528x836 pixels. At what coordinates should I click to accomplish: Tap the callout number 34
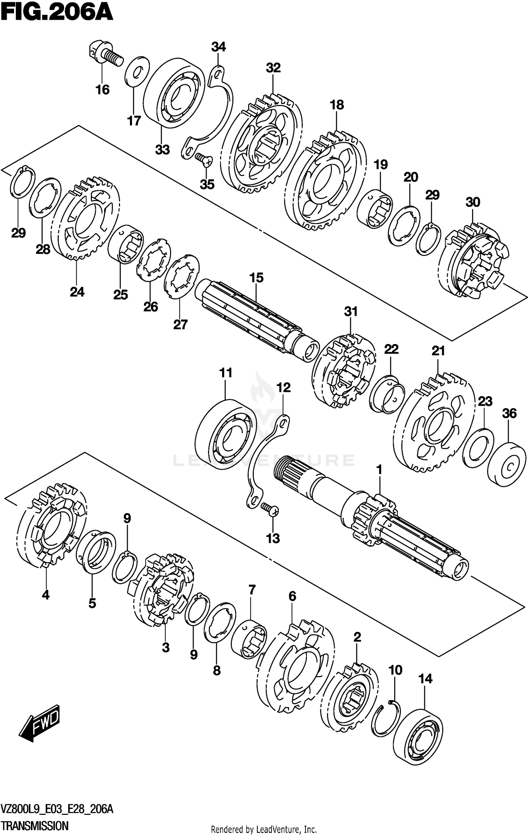(218, 47)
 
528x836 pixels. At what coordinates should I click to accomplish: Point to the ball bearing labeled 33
(175, 92)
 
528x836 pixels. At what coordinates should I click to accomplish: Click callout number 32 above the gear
(273, 68)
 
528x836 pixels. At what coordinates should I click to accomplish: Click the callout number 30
(473, 202)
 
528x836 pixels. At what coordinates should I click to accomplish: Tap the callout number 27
(180, 324)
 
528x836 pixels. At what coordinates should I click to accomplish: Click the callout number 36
(509, 413)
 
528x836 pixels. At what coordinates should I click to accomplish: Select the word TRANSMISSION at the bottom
(35, 825)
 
